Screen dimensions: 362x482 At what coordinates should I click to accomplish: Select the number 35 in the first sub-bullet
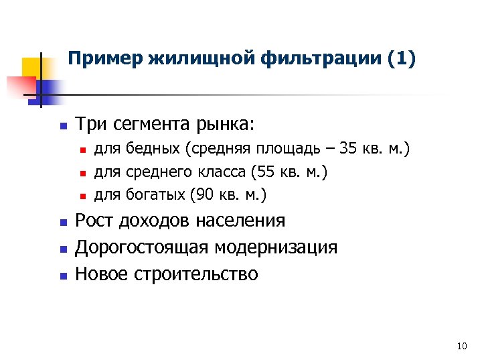349,148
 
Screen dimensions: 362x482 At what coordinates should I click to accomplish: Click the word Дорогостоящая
143,247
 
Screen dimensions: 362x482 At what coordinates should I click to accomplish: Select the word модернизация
276,247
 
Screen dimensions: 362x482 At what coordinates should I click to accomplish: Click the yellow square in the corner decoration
32,67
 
